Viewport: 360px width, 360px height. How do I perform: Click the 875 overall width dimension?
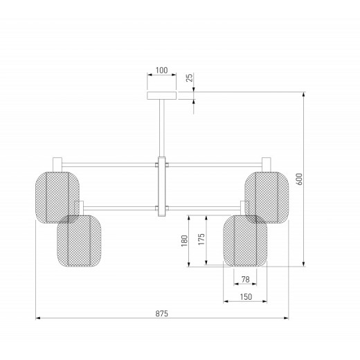point(161,314)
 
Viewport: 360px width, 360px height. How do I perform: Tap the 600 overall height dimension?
point(299,179)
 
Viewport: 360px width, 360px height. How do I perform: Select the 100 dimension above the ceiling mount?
point(161,70)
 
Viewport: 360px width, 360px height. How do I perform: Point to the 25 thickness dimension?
point(189,78)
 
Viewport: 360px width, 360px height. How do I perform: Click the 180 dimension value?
point(184,241)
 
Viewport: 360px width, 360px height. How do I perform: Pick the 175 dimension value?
point(201,239)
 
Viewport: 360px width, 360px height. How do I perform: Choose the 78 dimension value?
point(245,280)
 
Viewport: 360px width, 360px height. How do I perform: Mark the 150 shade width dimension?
point(246,297)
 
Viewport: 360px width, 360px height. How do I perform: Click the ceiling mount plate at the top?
point(162,96)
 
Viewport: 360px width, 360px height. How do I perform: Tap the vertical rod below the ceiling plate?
point(162,128)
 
